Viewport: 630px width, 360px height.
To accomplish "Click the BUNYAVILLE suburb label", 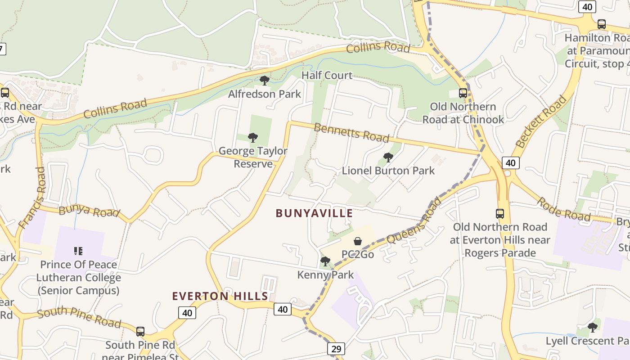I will pos(314,213).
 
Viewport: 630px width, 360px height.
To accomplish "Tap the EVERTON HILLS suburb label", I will pos(220,296).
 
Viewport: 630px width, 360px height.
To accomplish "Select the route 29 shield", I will pos(336,349).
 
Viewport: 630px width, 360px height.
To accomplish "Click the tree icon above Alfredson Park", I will pos(265,81).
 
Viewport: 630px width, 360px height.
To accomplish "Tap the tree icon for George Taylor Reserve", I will pos(253,138).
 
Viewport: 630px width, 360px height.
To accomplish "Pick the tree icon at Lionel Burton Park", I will pos(388,157).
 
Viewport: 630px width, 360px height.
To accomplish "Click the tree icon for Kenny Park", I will pos(325,261).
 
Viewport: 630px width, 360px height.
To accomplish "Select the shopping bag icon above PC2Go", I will pos(358,242).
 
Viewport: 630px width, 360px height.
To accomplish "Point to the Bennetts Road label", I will pos(351,133).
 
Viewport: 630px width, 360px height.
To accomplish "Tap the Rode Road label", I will pos(563,209).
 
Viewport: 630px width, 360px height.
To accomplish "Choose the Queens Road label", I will pos(414,221).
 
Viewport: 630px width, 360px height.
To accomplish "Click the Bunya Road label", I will pos(89,210).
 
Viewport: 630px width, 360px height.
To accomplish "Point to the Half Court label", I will pos(327,75).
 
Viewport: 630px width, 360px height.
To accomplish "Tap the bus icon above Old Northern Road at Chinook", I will pos(463,93).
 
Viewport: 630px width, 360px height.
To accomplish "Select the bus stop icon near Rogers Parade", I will pos(499,214).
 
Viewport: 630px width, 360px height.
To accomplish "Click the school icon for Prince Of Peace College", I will pos(78,251).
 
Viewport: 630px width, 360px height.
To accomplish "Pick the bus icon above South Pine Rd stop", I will pos(140,332).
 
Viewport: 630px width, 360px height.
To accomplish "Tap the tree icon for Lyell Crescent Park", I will pos(593,327).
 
